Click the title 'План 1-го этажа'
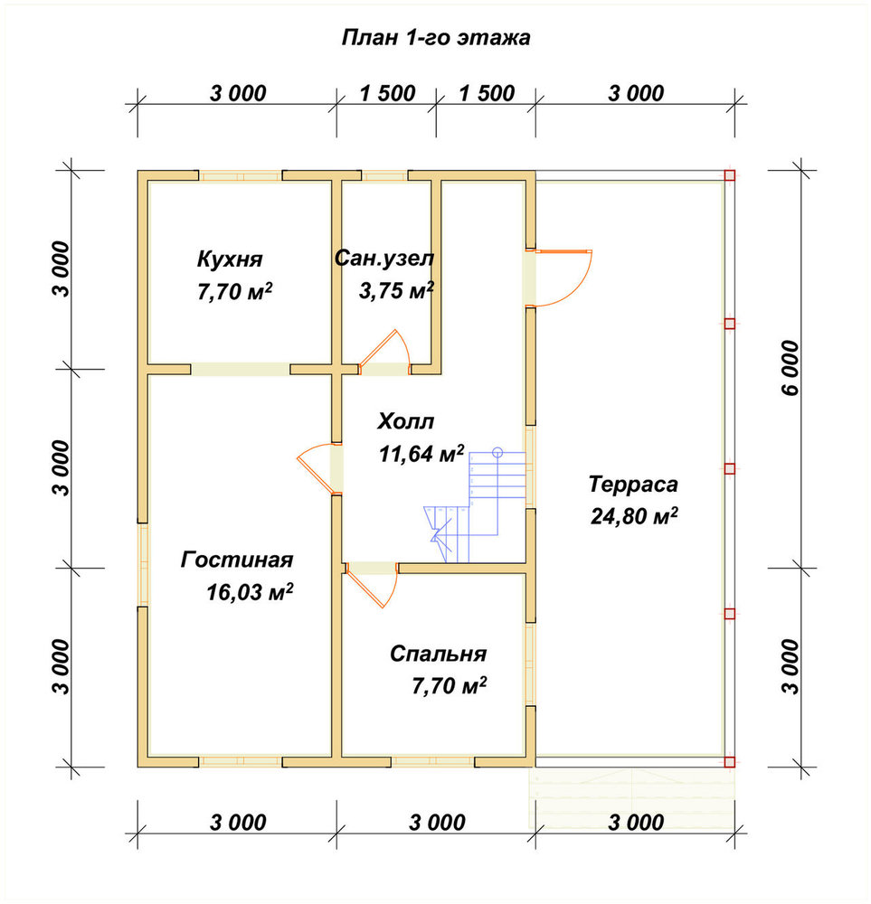(436, 37)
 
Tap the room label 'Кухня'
(230, 259)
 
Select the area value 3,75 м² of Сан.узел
(396, 290)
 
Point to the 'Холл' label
(405, 421)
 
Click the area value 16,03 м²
(250, 591)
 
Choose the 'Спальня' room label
(439, 654)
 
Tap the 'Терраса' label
(633, 485)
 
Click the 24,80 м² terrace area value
(634, 516)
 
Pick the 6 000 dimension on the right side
(791, 368)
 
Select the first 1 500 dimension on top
(388, 93)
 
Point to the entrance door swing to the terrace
(564, 278)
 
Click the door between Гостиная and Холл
(317, 468)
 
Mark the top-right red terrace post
(730, 175)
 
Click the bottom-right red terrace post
(730, 761)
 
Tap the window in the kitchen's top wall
(241, 176)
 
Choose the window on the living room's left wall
(143, 564)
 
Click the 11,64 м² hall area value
(421, 454)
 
